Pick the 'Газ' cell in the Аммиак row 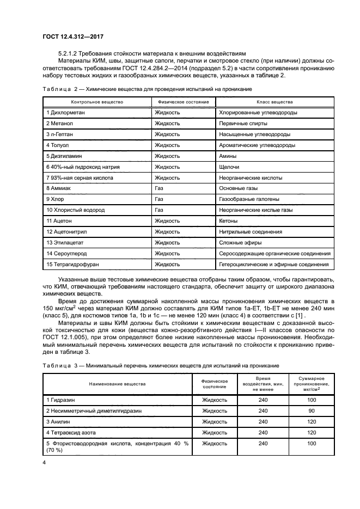pyautogui.click(x=159, y=188)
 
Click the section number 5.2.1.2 pyautogui.click(x=71, y=54)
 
